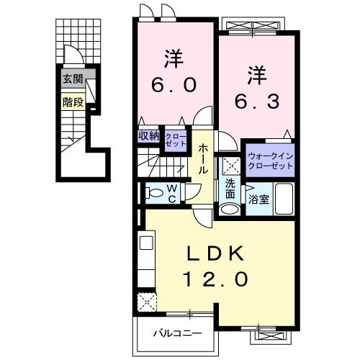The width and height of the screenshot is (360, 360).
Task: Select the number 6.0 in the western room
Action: [x=172, y=85]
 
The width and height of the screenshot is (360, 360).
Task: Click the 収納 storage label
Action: [x=149, y=135]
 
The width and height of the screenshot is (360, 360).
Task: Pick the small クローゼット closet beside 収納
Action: [x=175, y=138]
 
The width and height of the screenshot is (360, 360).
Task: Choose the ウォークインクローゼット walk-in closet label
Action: [x=270, y=161]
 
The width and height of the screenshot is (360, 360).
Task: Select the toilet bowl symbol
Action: [x=153, y=192]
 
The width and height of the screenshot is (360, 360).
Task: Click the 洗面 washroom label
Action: [x=230, y=189]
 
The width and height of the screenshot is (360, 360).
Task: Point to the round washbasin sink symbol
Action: [x=230, y=210]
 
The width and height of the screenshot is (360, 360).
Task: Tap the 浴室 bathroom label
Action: [x=258, y=199]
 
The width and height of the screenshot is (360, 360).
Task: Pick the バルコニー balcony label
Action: [x=176, y=333]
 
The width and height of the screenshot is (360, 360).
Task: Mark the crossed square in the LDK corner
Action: [x=148, y=300]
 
